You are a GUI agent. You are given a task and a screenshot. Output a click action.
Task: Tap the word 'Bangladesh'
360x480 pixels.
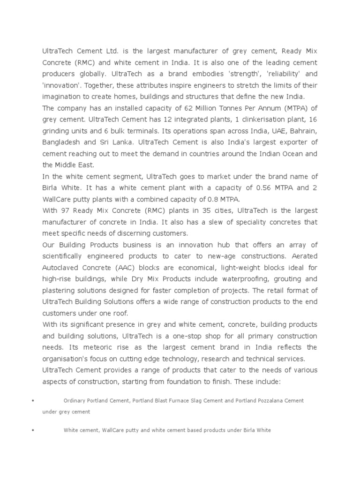coord(60,142)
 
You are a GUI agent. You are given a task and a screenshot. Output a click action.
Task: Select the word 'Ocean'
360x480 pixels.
coord(288,153)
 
